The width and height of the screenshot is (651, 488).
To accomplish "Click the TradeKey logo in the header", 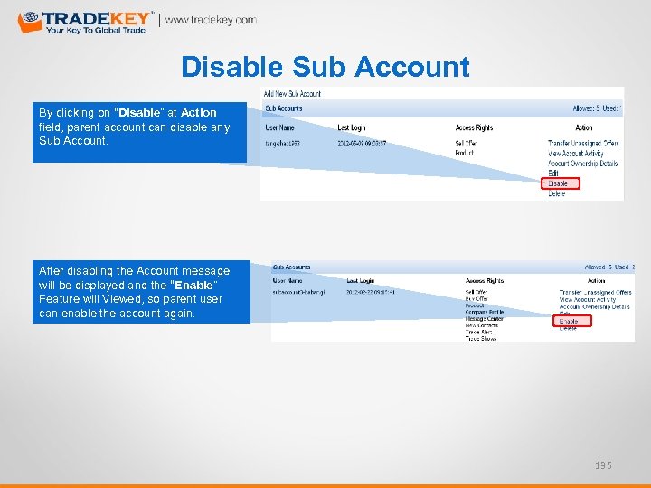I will tap(86, 22).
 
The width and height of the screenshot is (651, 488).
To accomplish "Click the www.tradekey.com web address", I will tap(211, 20).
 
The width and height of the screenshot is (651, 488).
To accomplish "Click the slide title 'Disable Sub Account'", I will tap(325, 67).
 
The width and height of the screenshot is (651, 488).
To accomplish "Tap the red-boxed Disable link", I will tap(560, 183).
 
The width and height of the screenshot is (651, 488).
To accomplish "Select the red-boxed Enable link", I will tap(570, 321).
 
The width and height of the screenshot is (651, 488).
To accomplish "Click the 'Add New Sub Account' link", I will tap(292, 94).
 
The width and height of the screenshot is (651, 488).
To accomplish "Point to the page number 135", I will tap(603, 465).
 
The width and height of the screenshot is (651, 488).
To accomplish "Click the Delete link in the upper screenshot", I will tap(557, 193).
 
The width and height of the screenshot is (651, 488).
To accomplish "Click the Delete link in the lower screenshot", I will tap(568, 329).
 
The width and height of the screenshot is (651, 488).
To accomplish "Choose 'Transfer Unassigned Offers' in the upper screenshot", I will tap(583, 143).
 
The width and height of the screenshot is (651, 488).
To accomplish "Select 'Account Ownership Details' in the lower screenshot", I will tap(594, 307).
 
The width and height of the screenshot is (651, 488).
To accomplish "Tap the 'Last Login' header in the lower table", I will tap(362, 280).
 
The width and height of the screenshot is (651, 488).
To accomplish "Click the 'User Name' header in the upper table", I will tap(281, 127).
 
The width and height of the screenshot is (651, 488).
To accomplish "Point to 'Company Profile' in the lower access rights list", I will tap(486, 312).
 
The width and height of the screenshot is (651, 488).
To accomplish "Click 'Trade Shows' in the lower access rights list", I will tap(482, 338).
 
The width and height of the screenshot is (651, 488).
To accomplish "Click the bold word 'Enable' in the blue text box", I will tap(196, 285).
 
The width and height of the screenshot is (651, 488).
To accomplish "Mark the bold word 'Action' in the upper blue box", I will tap(198, 113).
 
